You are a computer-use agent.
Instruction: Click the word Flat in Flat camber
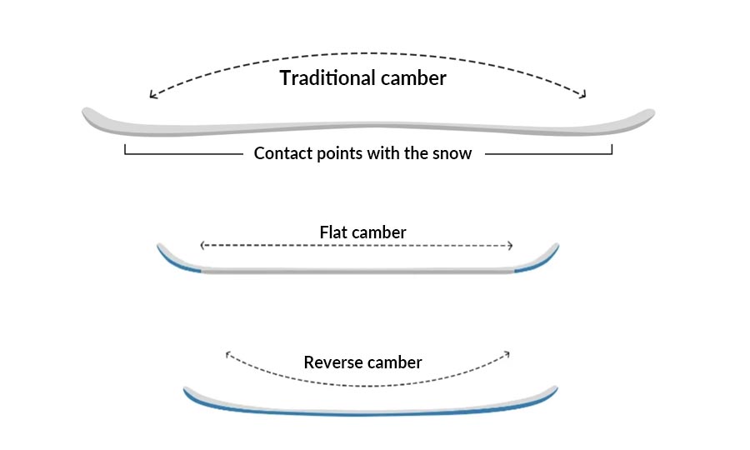point(333,232)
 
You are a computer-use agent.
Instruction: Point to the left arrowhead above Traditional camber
point(152,95)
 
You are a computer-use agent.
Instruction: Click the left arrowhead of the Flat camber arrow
point(202,245)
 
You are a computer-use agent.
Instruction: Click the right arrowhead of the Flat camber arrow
point(511,245)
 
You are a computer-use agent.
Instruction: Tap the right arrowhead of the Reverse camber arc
point(507,354)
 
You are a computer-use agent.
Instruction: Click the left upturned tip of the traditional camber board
point(87,113)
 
